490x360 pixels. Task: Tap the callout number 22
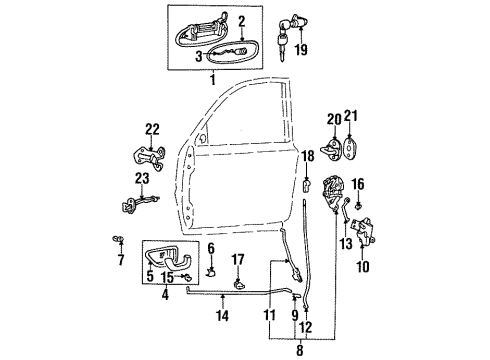click(152, 127)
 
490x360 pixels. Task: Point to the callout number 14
click(222, 315)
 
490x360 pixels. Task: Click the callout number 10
click(362, 266)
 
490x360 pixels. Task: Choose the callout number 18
click(308, 155)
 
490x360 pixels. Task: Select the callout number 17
click(238, 260)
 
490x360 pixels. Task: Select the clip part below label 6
click(212, 270)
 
